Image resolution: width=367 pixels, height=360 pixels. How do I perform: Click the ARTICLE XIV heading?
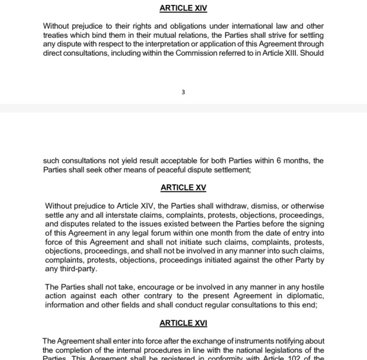pyautogui.click(x=183, y=8)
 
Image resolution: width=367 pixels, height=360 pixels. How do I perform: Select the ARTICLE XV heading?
pyautogui.click(x=183, y=187)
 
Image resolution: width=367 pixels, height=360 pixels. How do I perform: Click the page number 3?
pyautogui.click(x=183, y=92)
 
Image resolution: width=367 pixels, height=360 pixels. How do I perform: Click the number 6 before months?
pyautogui.click(x=277, y=161)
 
